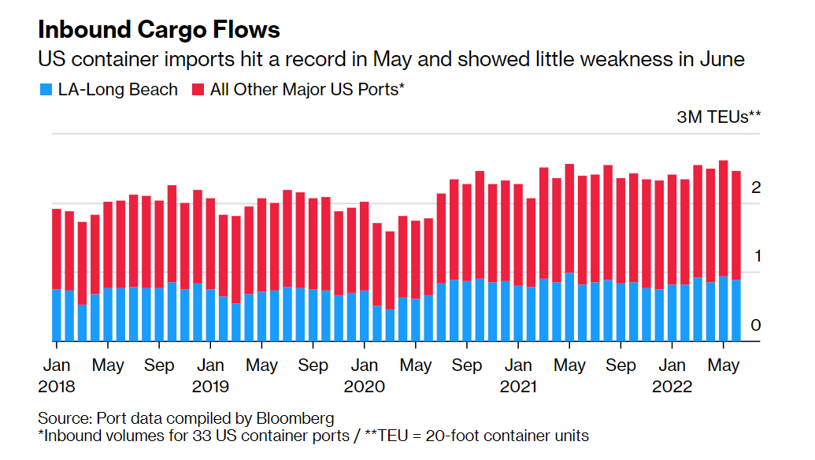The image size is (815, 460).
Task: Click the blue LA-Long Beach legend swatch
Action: (x=46, y=90)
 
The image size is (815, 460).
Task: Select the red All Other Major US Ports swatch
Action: (x=198, y=90)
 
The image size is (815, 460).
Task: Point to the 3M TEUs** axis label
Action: (x=719, y=117)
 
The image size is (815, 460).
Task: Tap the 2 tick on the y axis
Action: (x=756, y=187)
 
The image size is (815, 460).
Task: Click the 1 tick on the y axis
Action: (x=756, y=256)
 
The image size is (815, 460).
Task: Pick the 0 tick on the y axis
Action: (x=756, y=325)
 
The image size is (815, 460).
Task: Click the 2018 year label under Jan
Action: (x=56, y=387)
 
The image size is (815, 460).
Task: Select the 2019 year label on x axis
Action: (x=210, y=387)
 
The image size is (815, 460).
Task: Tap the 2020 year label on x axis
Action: (x=364, y=387)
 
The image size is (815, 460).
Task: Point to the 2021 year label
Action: (x=518, y=387)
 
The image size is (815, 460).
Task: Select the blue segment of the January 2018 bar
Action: (x=56, y=315)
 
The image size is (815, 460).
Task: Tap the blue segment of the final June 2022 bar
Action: (x=736, y=310)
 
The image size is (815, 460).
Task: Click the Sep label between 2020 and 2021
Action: (x=467, y=366)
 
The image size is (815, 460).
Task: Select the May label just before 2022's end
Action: (x=724, y=366)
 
